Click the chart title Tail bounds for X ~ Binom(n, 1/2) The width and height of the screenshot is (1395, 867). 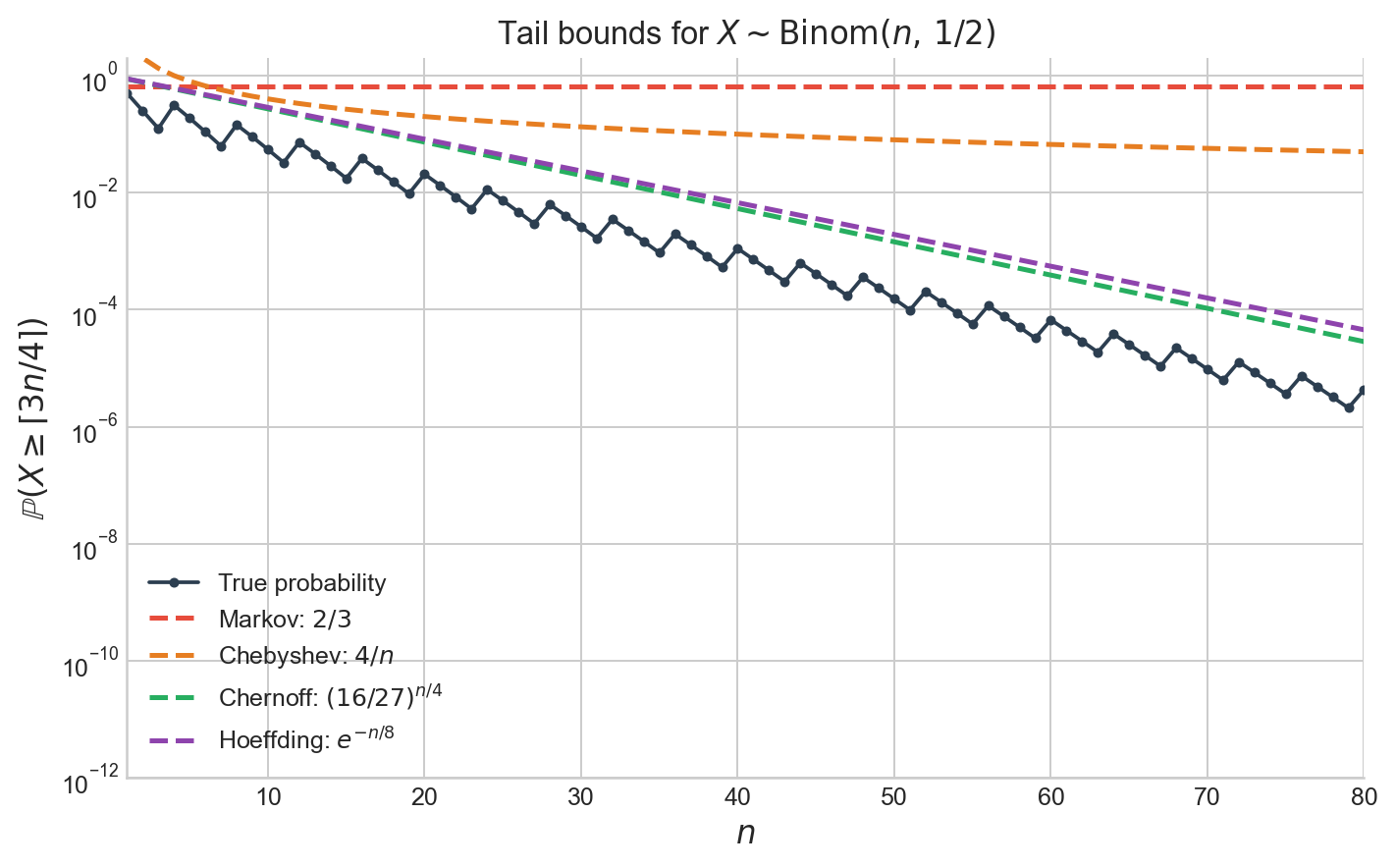746,33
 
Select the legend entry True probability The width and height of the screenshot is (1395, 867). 302,583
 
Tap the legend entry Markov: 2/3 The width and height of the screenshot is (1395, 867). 285,620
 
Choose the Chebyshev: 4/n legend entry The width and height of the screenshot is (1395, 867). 306,656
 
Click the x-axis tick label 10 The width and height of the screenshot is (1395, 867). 268,797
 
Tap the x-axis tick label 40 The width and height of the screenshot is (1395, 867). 737,797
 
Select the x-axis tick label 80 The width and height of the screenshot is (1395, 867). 1363,797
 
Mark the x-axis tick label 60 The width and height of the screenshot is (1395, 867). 1050,797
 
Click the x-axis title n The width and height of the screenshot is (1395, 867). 746,833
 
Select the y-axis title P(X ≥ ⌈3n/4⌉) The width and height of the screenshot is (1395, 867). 36,419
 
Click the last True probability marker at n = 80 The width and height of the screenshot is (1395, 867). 1364,391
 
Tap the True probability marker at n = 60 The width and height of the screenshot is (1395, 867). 1050,320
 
